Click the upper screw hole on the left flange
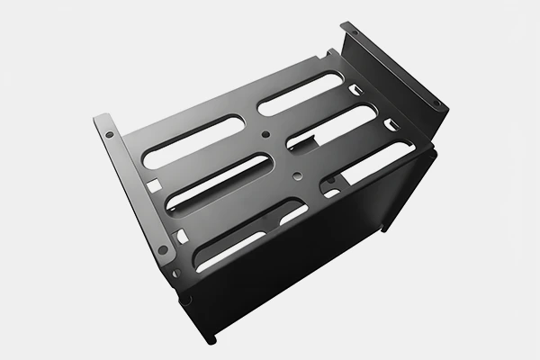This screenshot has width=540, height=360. pos(110,134)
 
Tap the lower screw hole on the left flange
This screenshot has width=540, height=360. pos(162,249)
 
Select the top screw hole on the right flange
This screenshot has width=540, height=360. pos(354,32)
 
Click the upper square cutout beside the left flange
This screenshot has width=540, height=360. pos(154,186)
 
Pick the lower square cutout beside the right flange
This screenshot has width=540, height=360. pos(391,124)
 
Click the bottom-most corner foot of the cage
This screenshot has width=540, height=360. pos(211,339)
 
